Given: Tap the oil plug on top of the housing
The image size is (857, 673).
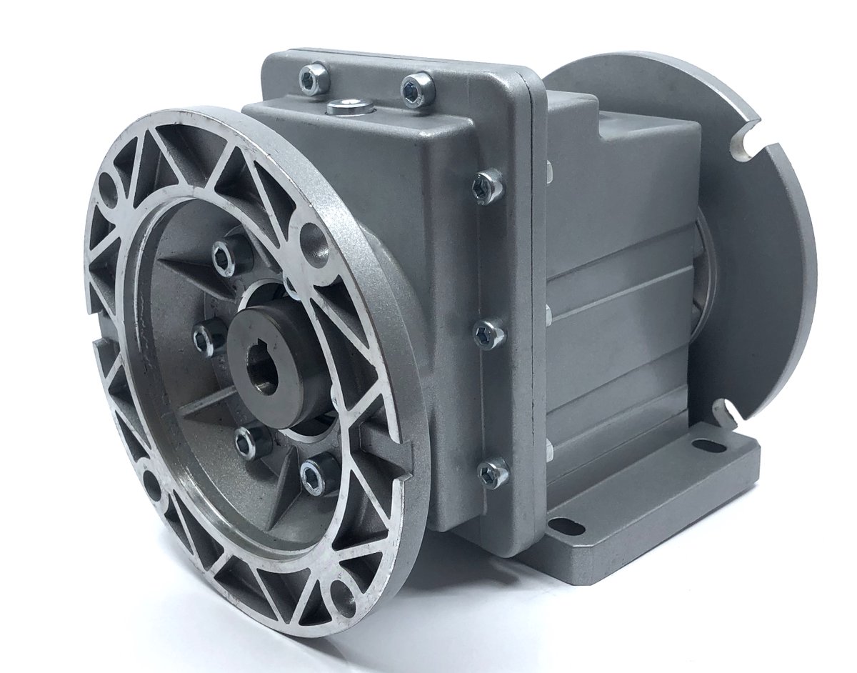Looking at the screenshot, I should point(350,108).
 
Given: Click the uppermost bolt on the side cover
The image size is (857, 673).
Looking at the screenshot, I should point(487,186).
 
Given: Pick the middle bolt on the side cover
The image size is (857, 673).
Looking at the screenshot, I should point(489,333).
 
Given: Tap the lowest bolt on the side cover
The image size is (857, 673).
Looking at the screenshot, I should point(493,472).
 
